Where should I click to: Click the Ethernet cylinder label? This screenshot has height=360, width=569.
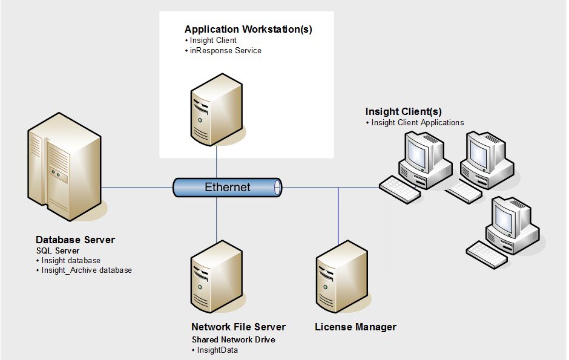pyautogui.click(x=227, y=187)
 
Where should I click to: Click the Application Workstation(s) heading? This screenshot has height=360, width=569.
pyautogui.click(x=248, y=29)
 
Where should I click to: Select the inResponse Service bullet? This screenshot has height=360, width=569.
pyautogui.click(x=225, y=51)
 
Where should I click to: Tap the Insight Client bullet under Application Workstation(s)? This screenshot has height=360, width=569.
pyautogui.click(x=212, y=41)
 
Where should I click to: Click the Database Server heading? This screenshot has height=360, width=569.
pyautogui.click(x=75, y=240)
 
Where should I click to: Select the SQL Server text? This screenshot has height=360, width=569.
pyautogui.click(x=58, y=250)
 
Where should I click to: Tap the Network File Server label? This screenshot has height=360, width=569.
pyautogui.click(x=238, y=327)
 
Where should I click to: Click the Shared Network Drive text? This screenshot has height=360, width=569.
pyautogui.click(x=233, y=340)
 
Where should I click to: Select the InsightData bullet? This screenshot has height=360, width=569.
pyautogui.click(x=215, y=350)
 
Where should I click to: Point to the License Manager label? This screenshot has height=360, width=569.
pyautogui.click(x=355, y=327)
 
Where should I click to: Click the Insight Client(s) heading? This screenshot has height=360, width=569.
pyautogui.click(x=403, y=112)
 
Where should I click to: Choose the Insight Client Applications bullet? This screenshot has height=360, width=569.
pyautogui.click(x=418, y=122)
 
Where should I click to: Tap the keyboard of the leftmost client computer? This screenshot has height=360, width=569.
pyautogui.click(x=400, y=189)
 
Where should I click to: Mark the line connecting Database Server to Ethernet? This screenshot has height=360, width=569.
pyautogui.click(x=136, y=188)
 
